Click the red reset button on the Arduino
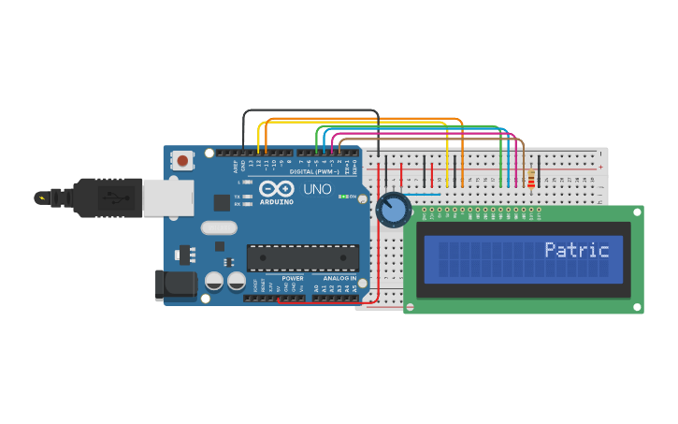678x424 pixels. [182, 161]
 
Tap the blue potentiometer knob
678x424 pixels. [394, 210]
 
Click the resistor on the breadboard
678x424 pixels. [531, 178]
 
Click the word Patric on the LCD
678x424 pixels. [576, 250]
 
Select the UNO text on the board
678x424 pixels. [317, 190]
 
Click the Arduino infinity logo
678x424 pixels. [276, 189]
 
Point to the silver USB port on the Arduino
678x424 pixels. [169, 198]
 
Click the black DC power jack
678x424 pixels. [176, 285]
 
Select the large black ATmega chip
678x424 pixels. [302, 258]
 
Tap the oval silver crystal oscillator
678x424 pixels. [219, 227]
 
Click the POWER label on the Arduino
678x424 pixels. [293, 278]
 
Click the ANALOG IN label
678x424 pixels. [339, 278]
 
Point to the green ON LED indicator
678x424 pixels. [341, 197]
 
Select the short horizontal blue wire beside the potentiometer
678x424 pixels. [423, 195]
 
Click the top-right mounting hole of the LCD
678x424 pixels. [637, 212]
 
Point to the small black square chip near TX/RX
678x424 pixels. [222, 202]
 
